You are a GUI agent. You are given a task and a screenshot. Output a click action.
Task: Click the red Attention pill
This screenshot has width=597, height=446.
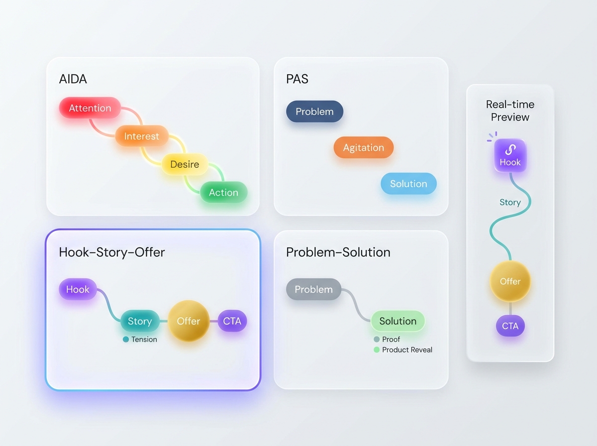[90, 108]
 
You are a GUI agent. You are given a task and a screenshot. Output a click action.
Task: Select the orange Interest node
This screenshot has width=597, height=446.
[142, 136]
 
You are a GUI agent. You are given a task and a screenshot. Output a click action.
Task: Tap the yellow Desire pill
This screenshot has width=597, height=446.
[185, 164]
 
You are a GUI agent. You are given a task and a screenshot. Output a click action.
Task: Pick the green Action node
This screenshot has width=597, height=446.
[223, 192]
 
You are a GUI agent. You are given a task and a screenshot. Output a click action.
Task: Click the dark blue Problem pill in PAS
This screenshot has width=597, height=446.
[315, 111]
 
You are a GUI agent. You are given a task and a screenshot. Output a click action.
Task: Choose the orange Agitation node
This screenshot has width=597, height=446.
[364, 147]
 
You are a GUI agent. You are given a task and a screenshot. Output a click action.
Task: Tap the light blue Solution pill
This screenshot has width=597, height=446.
[408, 184]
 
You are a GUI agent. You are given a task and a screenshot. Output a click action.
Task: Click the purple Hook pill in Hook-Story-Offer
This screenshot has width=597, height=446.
[78, 289]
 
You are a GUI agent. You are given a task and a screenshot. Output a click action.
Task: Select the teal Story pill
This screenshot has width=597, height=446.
[140, 321]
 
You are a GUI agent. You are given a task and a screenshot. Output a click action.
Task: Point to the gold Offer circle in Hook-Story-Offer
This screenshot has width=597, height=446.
[189, 321]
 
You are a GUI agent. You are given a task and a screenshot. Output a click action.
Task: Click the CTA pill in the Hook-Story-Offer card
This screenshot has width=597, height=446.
[232, 321]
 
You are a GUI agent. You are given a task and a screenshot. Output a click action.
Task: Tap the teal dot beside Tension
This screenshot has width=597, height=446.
[126, 339]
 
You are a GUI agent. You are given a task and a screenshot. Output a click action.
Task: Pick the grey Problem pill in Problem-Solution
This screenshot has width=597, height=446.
[313, 289]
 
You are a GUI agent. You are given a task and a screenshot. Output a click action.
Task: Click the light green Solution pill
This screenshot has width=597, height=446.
[398, 321]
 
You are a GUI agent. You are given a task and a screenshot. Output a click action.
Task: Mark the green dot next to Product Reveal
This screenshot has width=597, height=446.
[377, 349]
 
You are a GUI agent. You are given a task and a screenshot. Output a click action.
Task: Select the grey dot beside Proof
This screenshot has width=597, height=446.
[377, 339]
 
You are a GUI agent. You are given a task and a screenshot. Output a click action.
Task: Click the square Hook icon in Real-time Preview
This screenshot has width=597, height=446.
[510, 155]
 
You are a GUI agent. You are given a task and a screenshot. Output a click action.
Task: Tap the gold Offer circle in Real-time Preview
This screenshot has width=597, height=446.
[510, 281]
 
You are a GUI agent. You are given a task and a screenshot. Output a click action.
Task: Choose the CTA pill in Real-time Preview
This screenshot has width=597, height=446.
[510, 326]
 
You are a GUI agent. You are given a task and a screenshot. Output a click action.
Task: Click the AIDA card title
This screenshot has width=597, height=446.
[73, 79]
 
